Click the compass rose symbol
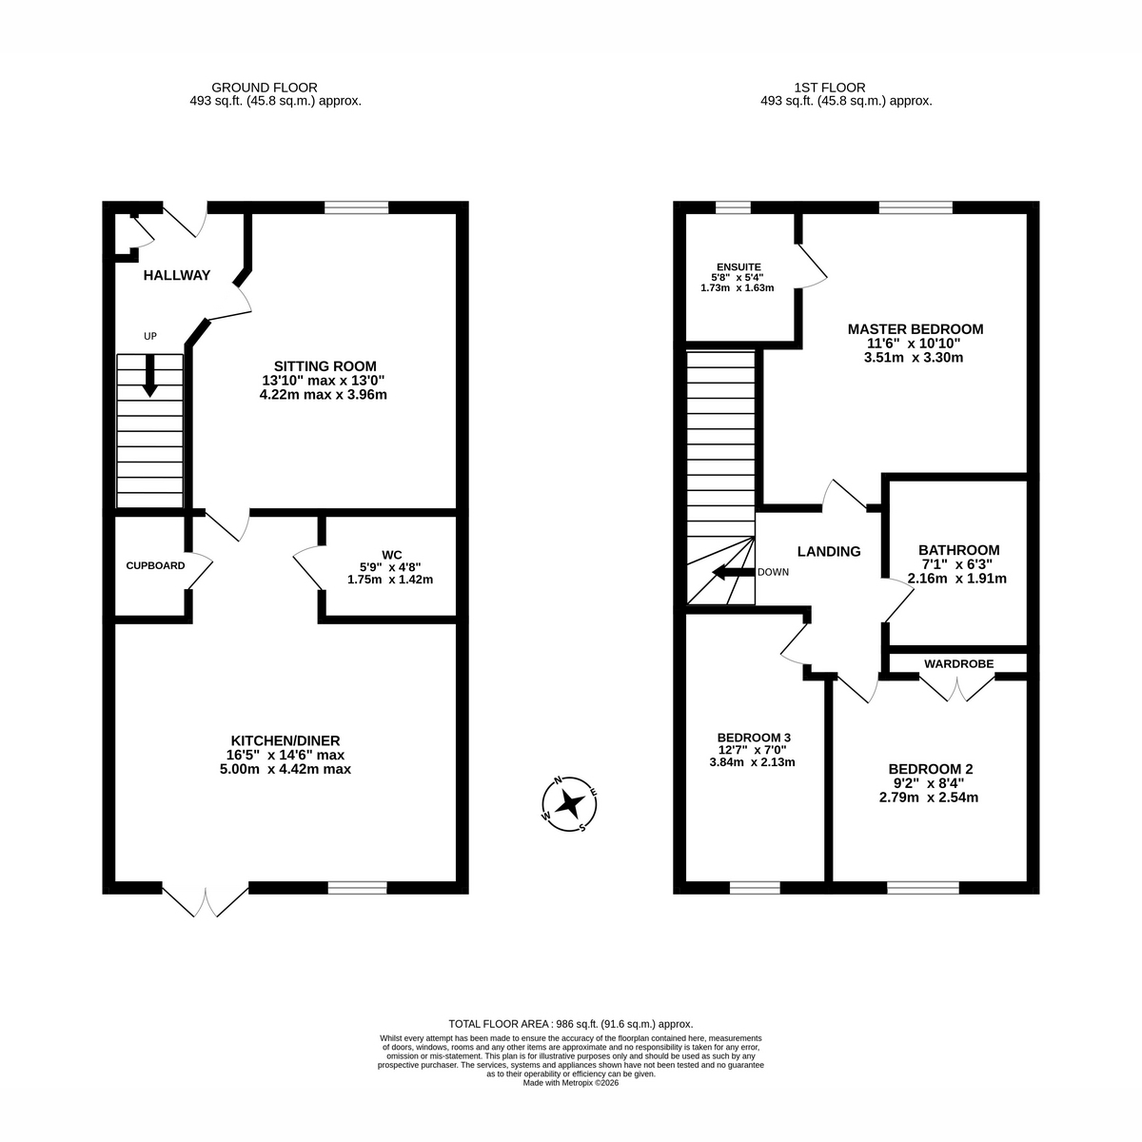point(569,804)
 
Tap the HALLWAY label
point(177,275)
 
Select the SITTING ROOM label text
point(325,366)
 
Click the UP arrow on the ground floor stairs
point(150,376)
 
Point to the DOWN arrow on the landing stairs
point(734,573)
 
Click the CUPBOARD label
point(155,565)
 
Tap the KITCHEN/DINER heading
point(285,740)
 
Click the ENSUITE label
point(738,267)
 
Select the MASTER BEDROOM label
point(915,329)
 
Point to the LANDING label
point(829,551)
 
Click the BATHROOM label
point(959,550)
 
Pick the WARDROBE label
point(958,663)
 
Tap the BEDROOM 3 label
point(754,738)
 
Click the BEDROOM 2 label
point(931,769)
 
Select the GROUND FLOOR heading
point(265,88)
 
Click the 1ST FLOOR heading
point(830,88)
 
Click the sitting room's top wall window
point(356,207)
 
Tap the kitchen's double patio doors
point(205,898)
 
